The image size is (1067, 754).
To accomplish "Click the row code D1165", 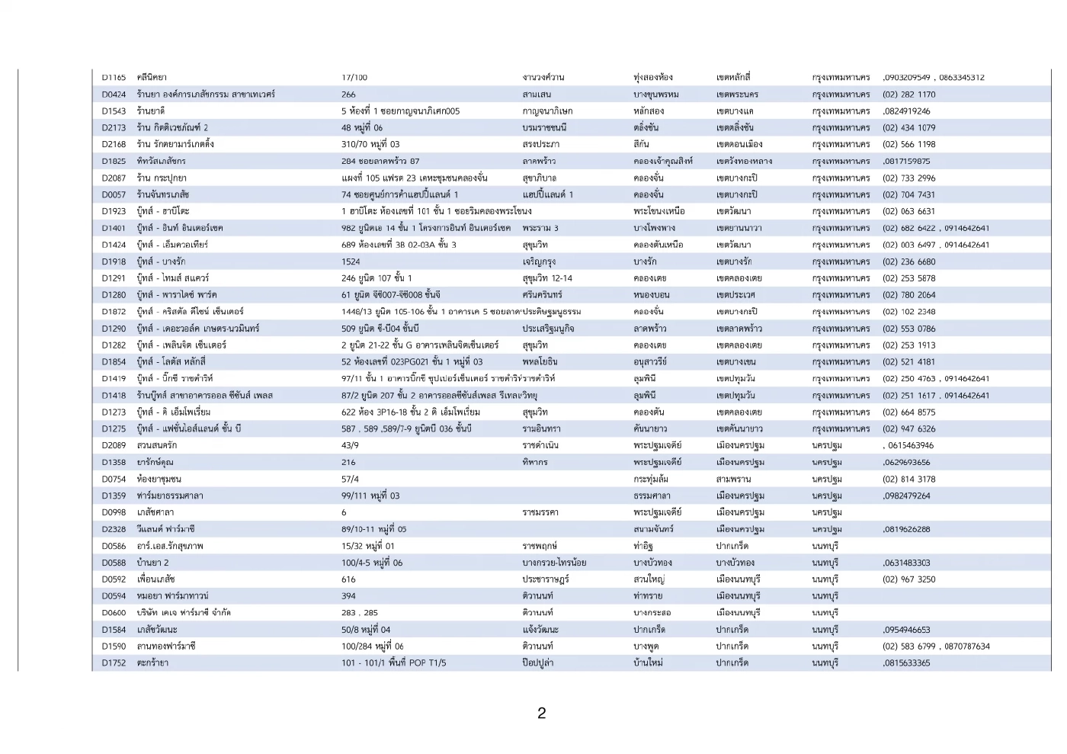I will click(114, 78).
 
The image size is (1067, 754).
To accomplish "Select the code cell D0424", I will click(114, 95).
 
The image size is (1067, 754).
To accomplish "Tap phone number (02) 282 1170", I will click(908, 95).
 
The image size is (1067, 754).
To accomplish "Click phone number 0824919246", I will click(907, 111).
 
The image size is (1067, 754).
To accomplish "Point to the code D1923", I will click(114, 211).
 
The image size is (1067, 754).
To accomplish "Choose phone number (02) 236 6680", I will click(908, 261).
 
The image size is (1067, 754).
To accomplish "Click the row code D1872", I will click(114, 312).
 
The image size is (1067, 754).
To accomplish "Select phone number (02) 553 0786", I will click(908, 329).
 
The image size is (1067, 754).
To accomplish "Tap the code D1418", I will click(114, 396).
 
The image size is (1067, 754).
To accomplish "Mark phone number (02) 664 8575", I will click(908, 412).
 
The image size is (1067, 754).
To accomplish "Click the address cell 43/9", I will click(350, 445).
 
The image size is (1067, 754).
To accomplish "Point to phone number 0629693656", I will click(907, 462).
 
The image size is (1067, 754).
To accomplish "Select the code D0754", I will click(114, 479).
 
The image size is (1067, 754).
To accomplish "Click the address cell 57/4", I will click(350, 479).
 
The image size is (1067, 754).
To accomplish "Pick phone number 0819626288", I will click(907, 529).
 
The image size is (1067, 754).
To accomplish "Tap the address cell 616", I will click(348, 579).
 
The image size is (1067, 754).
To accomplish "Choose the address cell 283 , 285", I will click(360, 612).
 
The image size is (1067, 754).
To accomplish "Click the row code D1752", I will click(114, 663).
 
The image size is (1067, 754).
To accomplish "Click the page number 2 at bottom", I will click(541, 714).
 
